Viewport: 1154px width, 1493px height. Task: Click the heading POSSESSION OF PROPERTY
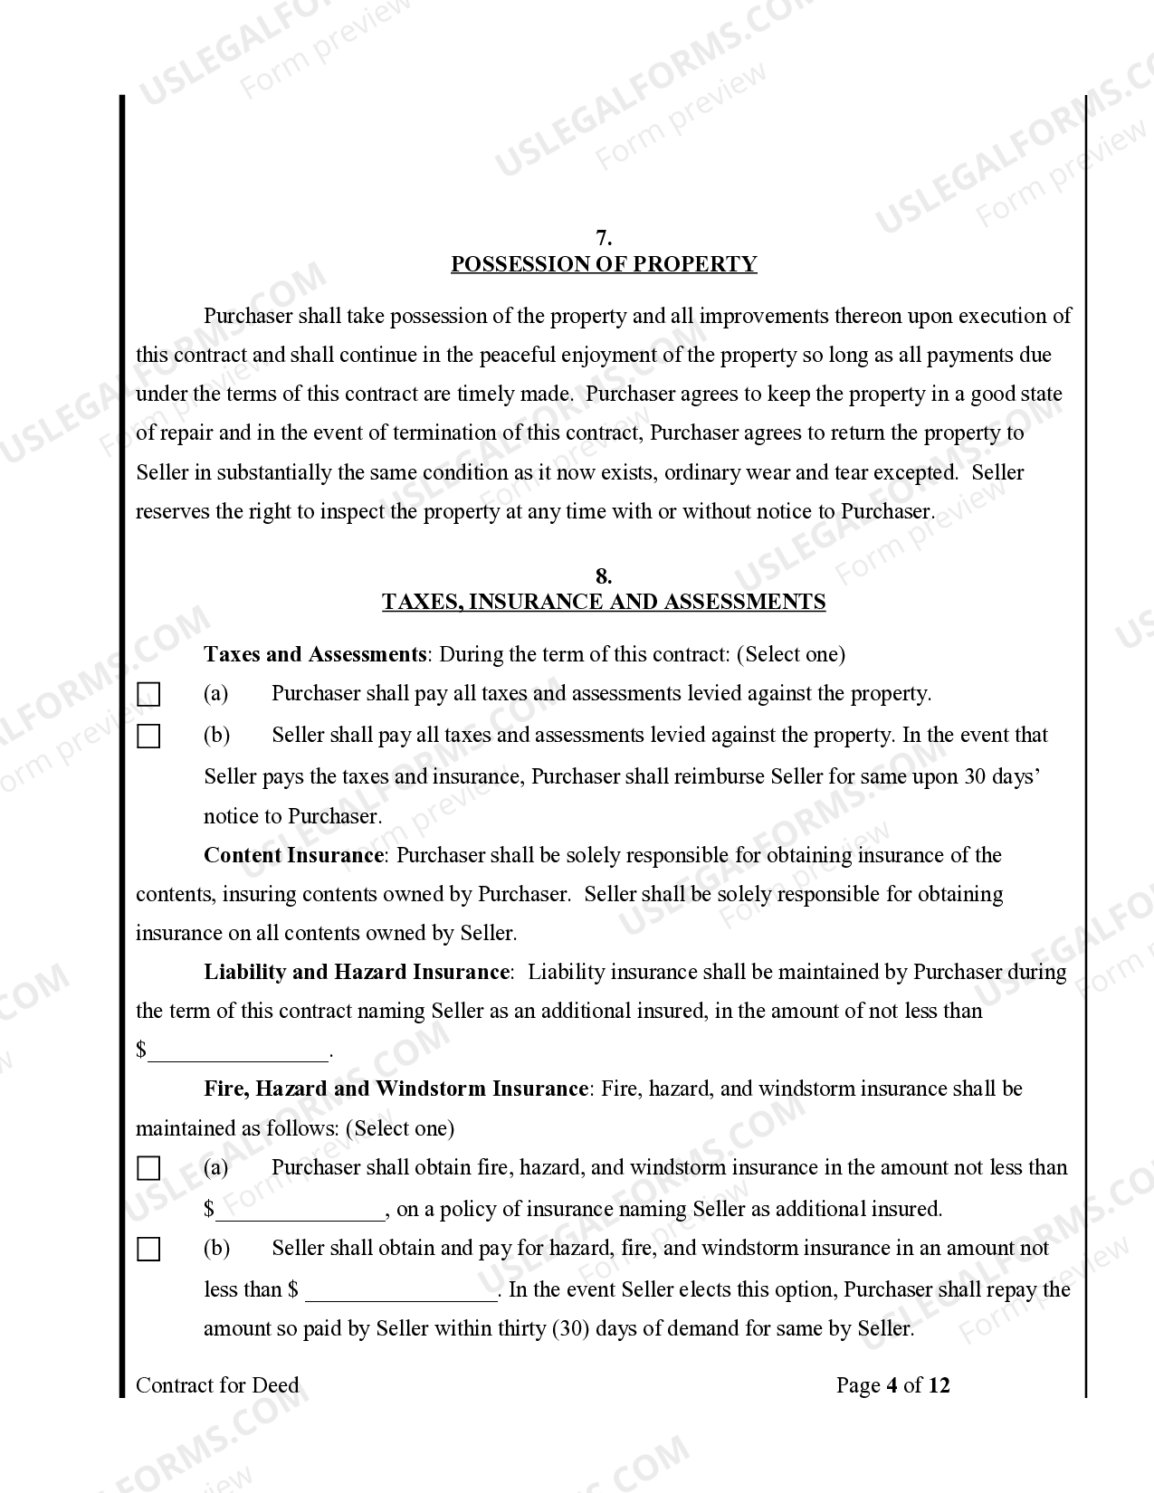click(604, 264)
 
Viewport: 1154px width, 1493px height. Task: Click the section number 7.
click(604, 238)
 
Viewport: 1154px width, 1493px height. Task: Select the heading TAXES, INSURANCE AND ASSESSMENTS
click(604, 602)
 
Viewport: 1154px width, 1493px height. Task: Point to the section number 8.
click(604, 576)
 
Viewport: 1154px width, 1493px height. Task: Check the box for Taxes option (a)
click(148, 695)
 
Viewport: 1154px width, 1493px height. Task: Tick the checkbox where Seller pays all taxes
click(148, 737)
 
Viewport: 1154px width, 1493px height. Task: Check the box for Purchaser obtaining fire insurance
click(148, 1169)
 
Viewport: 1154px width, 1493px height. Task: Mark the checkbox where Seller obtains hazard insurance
click(148, 1250)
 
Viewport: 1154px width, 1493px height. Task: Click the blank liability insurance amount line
click(239, 1051)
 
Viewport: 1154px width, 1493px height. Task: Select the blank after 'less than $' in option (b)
click(402, 1291)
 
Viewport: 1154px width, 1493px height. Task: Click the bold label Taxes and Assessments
click(315, 654)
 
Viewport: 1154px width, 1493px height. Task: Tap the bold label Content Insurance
click(294, 855)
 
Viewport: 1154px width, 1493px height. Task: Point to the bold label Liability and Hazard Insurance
click(357, 972)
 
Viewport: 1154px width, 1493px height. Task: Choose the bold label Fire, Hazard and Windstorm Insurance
click(396, 1089)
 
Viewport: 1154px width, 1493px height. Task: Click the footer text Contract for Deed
click(217, 1385)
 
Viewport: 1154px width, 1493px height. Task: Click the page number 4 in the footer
click(892, 1385)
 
